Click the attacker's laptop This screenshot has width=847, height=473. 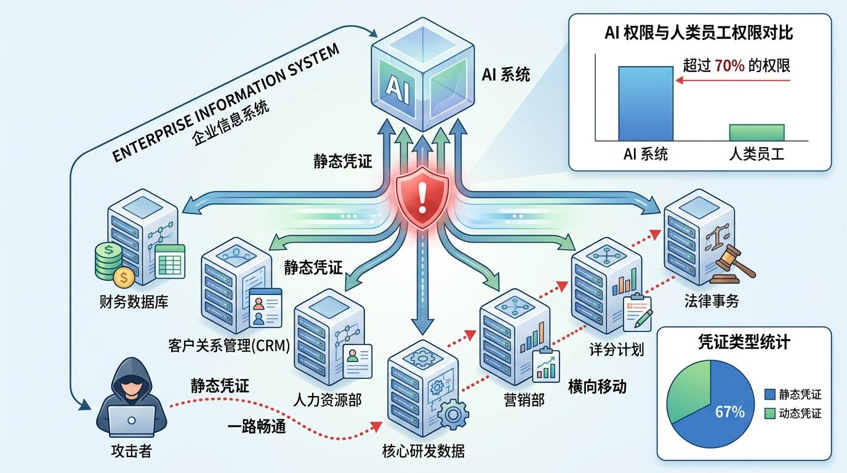pyautogui.click(x=132, y=421)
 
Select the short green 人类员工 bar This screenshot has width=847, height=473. pyautogui.click(x=757, y=132)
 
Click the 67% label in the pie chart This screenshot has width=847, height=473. pyautogui.click(x=730, y=411)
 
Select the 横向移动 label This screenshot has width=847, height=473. pyautogui.click(x=596, y=386)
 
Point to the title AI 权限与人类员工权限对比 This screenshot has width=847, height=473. pyautogui.click(x=699, y=33)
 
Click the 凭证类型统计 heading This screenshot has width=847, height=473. pyautogui.click(x=745, y=342)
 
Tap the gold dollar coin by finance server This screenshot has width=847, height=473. pyautogui.click(x=124, y=278)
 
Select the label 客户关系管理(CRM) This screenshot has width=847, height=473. pyautogui.click(x=228, y=346)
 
